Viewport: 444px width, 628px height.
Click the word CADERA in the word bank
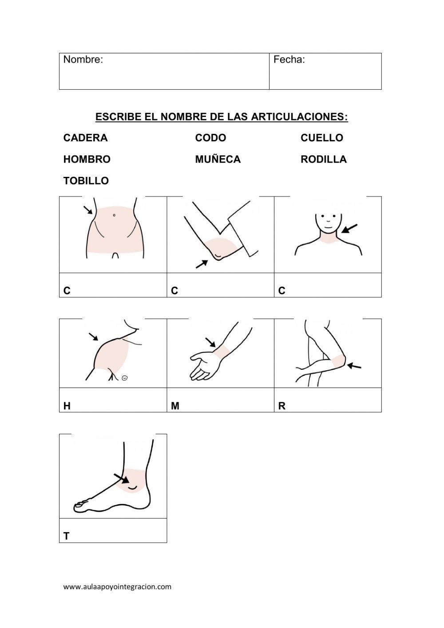pos(85,138)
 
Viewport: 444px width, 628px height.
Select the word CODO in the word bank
pos(210,138)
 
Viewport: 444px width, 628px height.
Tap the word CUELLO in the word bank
pos(321,138)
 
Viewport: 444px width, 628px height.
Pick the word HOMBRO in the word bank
pos(87,159)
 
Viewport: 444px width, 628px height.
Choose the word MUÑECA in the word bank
pos(218,159)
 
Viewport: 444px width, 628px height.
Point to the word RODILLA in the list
pos(323,159)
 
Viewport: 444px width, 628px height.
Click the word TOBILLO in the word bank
pos(86,181)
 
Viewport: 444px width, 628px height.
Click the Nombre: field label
pos(83,60)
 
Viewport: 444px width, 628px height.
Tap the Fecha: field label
pos(289,60)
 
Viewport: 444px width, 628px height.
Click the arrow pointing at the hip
pos(88,210)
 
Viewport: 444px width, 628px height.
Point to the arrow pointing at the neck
pos(349,228)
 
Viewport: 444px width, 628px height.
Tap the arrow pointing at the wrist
pos(210,342)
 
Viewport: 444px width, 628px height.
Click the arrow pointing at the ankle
pos(121,478)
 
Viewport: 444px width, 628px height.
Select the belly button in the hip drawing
pos(114,215)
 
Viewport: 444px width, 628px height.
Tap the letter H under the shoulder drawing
pos(67,406)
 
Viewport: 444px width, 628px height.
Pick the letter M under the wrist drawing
pos(175,406)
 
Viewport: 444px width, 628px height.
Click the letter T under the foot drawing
pos(67,536)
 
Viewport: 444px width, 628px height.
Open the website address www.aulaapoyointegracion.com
pos(117,587)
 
